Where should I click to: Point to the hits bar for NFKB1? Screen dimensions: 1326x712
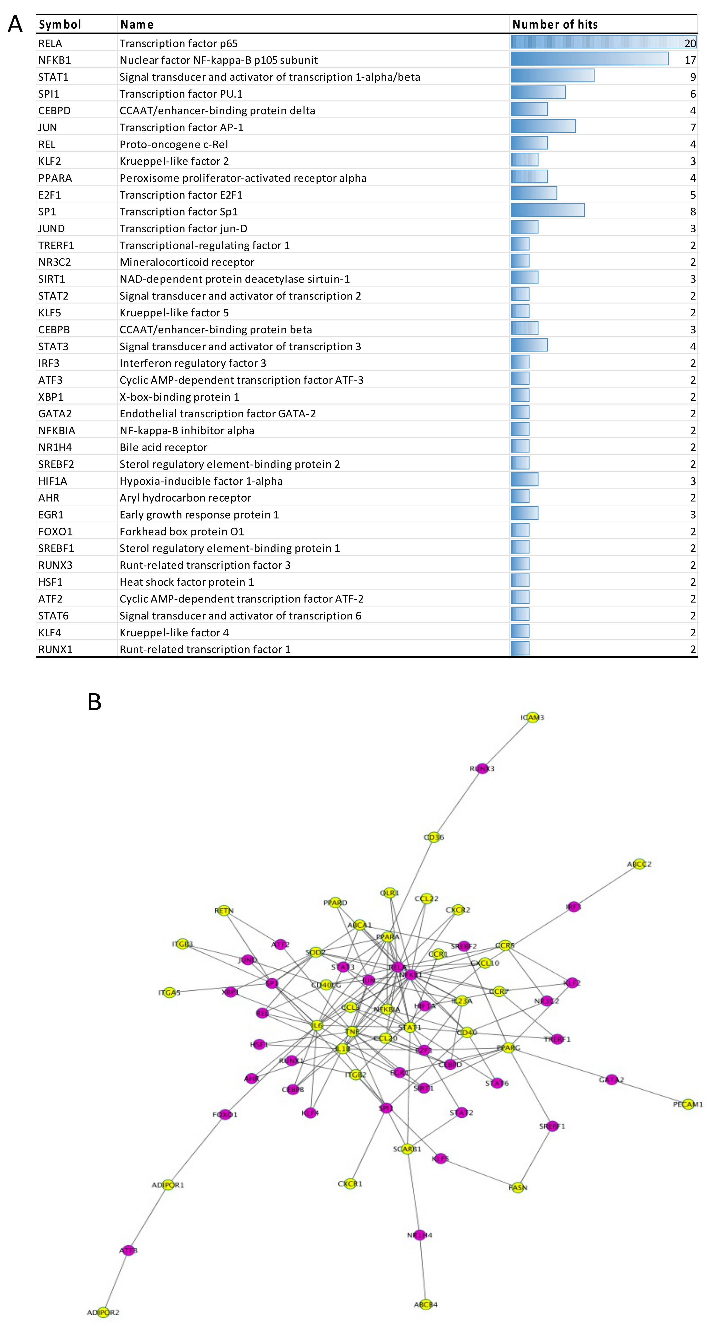pyautogui.click(x=589, y=59)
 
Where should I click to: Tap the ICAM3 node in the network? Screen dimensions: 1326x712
pyautogui.click(x=533, y=717)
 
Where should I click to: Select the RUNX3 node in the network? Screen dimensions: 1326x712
pyautogui.click(x=482, y=769)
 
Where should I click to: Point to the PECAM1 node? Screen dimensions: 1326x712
pyautogui.click(x=688, y=1104)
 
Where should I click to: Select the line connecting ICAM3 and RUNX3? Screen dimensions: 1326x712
pyautogui.click(x=508, y=743)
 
